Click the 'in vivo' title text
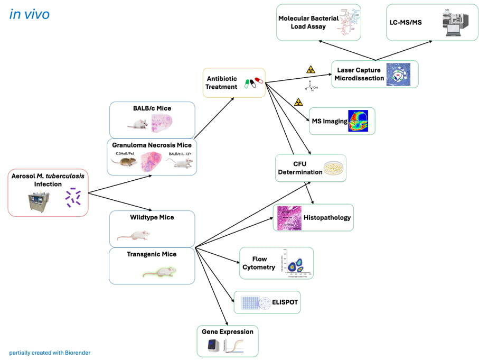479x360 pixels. click(30, 14)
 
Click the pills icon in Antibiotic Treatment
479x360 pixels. click(251, 83)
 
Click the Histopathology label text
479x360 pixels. click(327, 217)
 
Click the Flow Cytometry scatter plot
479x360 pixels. click(297, 263)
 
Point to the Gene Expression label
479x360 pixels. click(227, 332)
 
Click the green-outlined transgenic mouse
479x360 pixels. click(160, 272)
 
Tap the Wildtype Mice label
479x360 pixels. click(152, 217)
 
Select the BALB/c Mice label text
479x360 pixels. click(152, 108)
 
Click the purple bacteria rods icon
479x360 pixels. click(73, 197)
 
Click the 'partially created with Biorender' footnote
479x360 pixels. click(53, 352)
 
